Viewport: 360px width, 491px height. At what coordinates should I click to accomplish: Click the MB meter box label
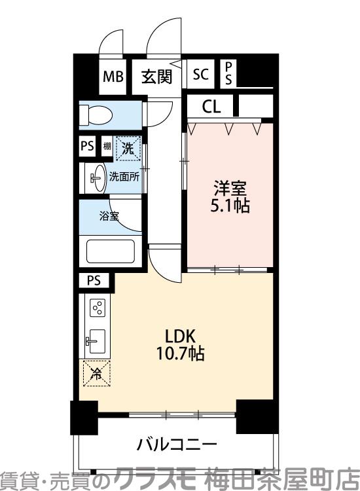113,76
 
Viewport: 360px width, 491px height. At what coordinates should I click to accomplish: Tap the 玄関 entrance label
157,77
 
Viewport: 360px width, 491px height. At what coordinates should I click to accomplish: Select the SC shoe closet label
201,75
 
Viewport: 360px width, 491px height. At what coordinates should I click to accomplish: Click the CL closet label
211,106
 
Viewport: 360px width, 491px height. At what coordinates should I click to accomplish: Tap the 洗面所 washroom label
123,176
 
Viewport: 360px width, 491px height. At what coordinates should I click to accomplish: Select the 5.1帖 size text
229,205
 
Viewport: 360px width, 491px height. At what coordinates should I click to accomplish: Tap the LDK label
180,337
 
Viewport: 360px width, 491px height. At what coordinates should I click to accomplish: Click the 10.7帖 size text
180,355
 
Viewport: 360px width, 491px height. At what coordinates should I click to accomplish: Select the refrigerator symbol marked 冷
96,374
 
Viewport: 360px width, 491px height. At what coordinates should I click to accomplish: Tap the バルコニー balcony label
177,446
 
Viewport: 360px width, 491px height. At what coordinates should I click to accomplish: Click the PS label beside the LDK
94,281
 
